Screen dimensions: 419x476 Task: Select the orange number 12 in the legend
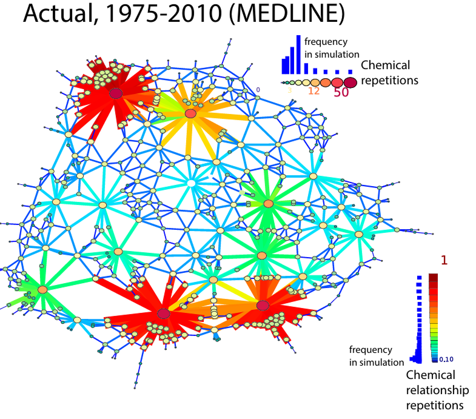pos(313,91)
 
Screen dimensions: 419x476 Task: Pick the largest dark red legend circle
pos(350,82)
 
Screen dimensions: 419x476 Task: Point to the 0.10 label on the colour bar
pos(446,359)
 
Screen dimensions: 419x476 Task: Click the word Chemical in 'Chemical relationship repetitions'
pos(431,376)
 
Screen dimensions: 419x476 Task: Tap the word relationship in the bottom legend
pos(435,390)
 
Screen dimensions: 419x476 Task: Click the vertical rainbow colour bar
pos(433,315)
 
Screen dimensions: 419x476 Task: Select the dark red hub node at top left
pos(116,93)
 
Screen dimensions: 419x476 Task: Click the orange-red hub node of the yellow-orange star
pos(190,113)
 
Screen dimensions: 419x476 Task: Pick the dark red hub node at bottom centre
pos(163,313)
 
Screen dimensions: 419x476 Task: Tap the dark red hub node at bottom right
pos(263,305)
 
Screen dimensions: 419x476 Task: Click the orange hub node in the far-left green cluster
pos(42,290)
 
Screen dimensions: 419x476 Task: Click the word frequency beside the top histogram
pos(326,42)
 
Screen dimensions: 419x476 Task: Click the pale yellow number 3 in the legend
pos(290,90)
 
